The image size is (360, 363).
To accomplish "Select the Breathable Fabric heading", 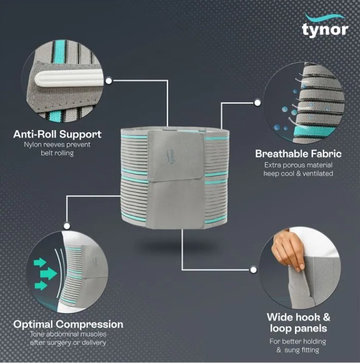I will [298, 154].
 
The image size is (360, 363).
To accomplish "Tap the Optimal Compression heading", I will [68, 324].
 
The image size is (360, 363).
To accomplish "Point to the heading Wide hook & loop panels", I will [298, 323].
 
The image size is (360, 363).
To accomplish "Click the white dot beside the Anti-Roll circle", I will [109, 80].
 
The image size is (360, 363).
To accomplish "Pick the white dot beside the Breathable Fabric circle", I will [257, 102].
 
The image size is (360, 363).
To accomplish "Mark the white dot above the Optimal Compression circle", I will [67, 225].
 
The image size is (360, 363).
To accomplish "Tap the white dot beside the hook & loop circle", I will [253, 269].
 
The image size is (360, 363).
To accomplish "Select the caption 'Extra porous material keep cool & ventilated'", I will [298, 169].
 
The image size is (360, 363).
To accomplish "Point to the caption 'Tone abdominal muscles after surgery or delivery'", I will [68, 338].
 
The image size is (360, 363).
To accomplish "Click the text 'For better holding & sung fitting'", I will [298, 345].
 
